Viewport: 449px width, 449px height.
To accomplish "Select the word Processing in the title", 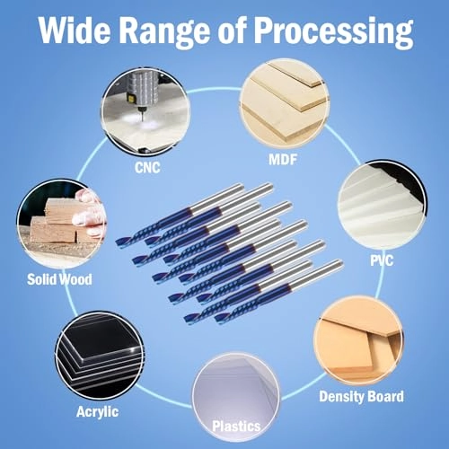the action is [334, 32].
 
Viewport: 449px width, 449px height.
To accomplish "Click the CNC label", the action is [147, 168].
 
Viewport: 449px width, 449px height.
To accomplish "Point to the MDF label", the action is [283, 159].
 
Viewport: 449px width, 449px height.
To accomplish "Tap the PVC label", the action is [382, 260].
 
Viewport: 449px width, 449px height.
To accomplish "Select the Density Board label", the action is [361, 397].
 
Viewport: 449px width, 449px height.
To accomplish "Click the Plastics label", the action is [236, 427].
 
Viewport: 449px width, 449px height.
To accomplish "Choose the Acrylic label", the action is [97, 412].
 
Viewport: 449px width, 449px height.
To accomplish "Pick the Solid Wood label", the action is [59, 279].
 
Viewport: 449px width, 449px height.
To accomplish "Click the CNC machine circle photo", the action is [145, 112].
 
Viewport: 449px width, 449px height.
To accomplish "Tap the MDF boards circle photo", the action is [284, 104].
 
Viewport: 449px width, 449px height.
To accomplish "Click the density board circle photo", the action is [358, 341].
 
